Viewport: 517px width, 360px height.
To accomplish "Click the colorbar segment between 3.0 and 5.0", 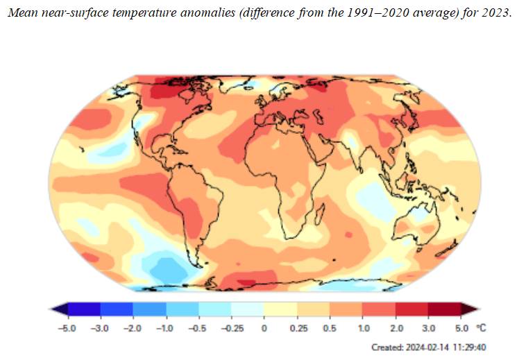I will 445,309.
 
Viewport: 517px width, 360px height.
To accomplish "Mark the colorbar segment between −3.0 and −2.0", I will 117,309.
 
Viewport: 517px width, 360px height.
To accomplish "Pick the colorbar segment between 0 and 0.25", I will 280,309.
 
